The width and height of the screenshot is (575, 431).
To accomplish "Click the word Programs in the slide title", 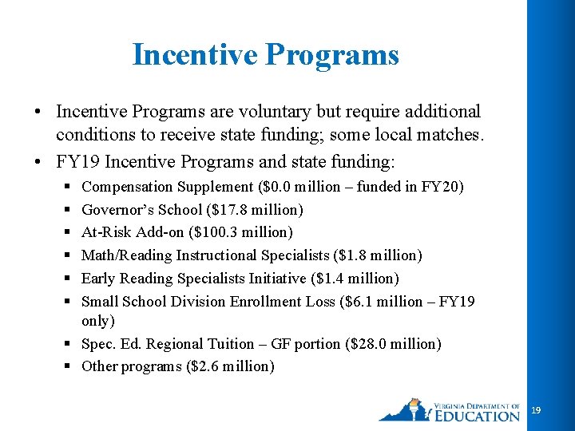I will click(331, 55).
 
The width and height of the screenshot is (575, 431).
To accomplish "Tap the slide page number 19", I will click(536, 409).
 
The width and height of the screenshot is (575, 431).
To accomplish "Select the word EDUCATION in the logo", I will click(478, 415).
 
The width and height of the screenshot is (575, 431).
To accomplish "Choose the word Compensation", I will click(127, 187).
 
